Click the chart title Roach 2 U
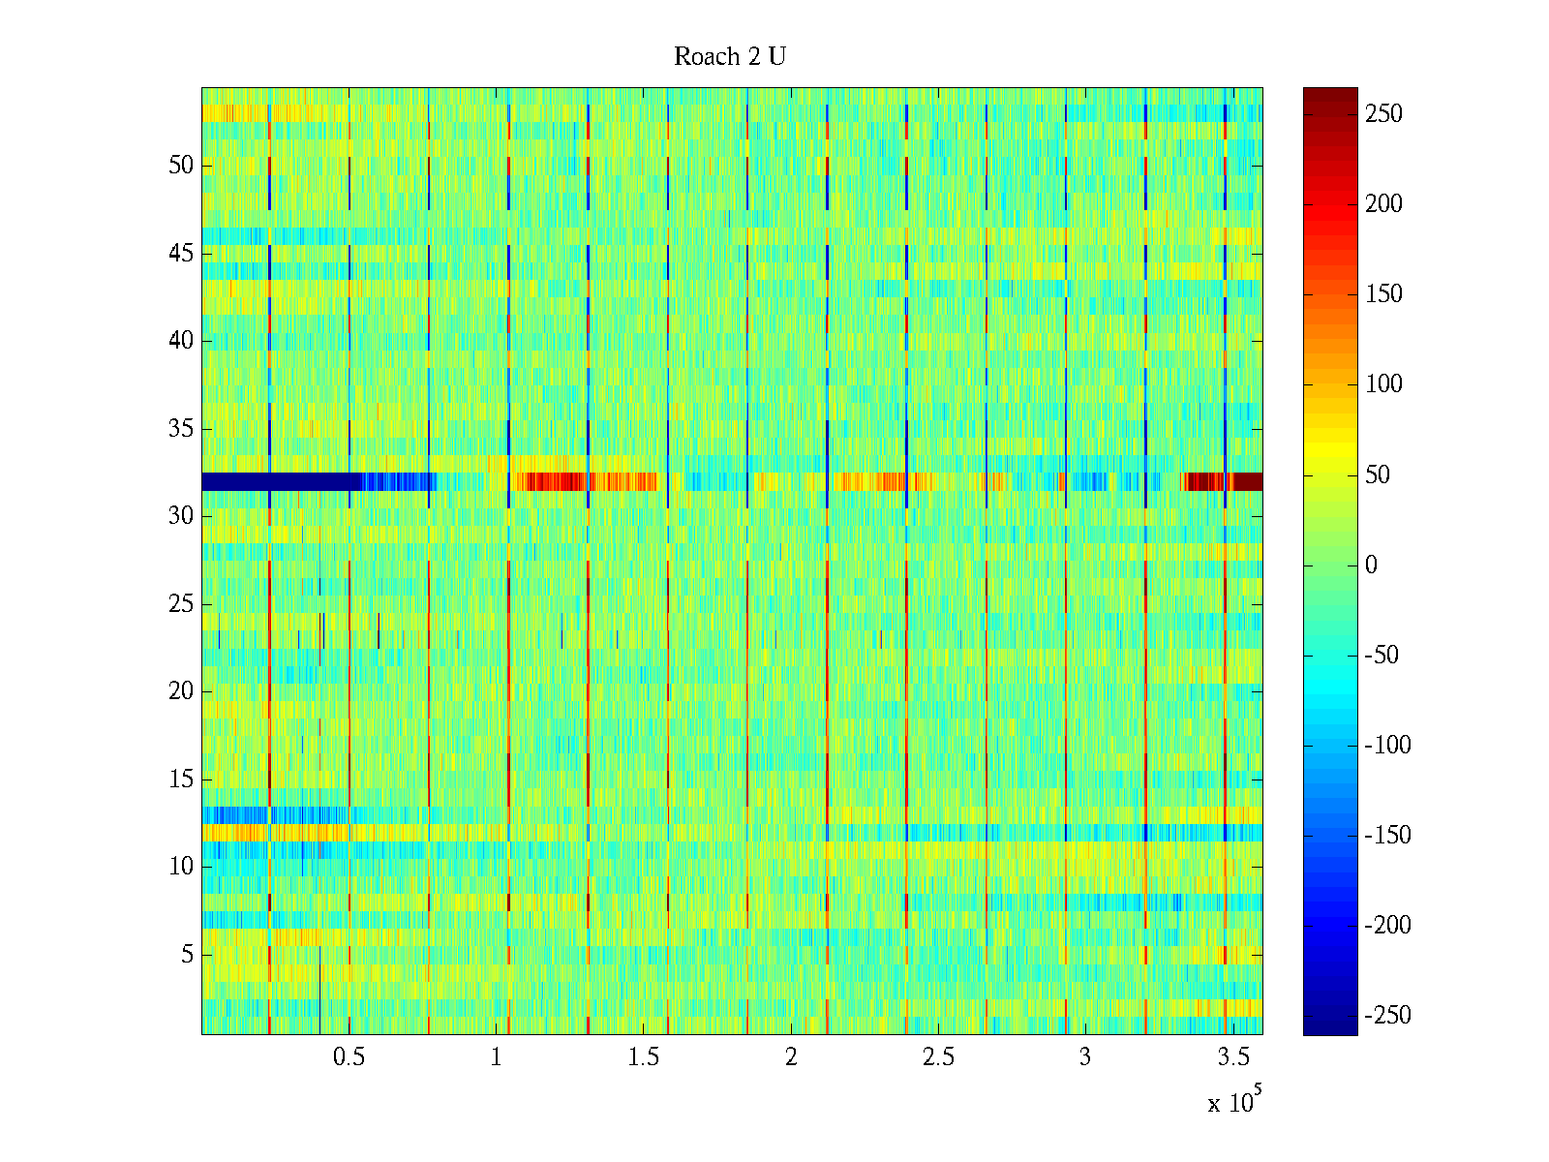[729, 57]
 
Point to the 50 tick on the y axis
[181, 165]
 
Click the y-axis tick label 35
[181, 428]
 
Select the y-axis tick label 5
[187, 955]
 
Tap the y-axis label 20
[181, 691]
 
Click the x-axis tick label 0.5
[349, 1057]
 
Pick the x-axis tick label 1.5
[643, 1057]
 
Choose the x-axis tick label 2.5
[938, 1057]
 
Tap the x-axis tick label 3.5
[1232, 1057]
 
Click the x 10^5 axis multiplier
[1234, 1101]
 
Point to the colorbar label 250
[1383, 114]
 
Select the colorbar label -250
[1387, 1016]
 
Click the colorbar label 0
[1371, 566]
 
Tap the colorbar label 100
[1383, 384]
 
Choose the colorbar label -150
[1387, 836]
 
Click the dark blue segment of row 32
[281, 481]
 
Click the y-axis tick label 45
[181, 253]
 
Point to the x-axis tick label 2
[791, 1057]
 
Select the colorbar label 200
[1383, 204]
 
